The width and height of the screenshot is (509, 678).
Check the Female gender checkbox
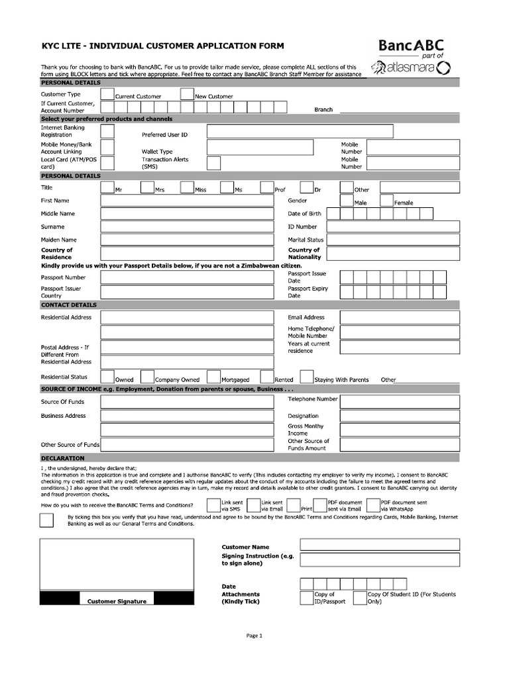386,200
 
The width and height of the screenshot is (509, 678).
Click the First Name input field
187,201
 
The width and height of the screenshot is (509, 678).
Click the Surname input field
187,226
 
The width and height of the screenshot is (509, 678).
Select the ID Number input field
392,226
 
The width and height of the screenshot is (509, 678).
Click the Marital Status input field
392,240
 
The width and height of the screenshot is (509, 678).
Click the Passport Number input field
187,277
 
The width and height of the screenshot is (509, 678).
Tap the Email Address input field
392,317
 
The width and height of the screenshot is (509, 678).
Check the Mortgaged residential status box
213,377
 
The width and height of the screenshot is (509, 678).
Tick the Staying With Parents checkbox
306,377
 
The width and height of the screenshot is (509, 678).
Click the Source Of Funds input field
187,402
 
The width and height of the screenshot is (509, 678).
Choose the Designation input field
392,416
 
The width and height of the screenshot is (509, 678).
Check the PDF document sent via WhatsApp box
373,506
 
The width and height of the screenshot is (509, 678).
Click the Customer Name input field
379,544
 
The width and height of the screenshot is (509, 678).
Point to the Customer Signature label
117,601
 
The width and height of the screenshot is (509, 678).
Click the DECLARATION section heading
62,458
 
